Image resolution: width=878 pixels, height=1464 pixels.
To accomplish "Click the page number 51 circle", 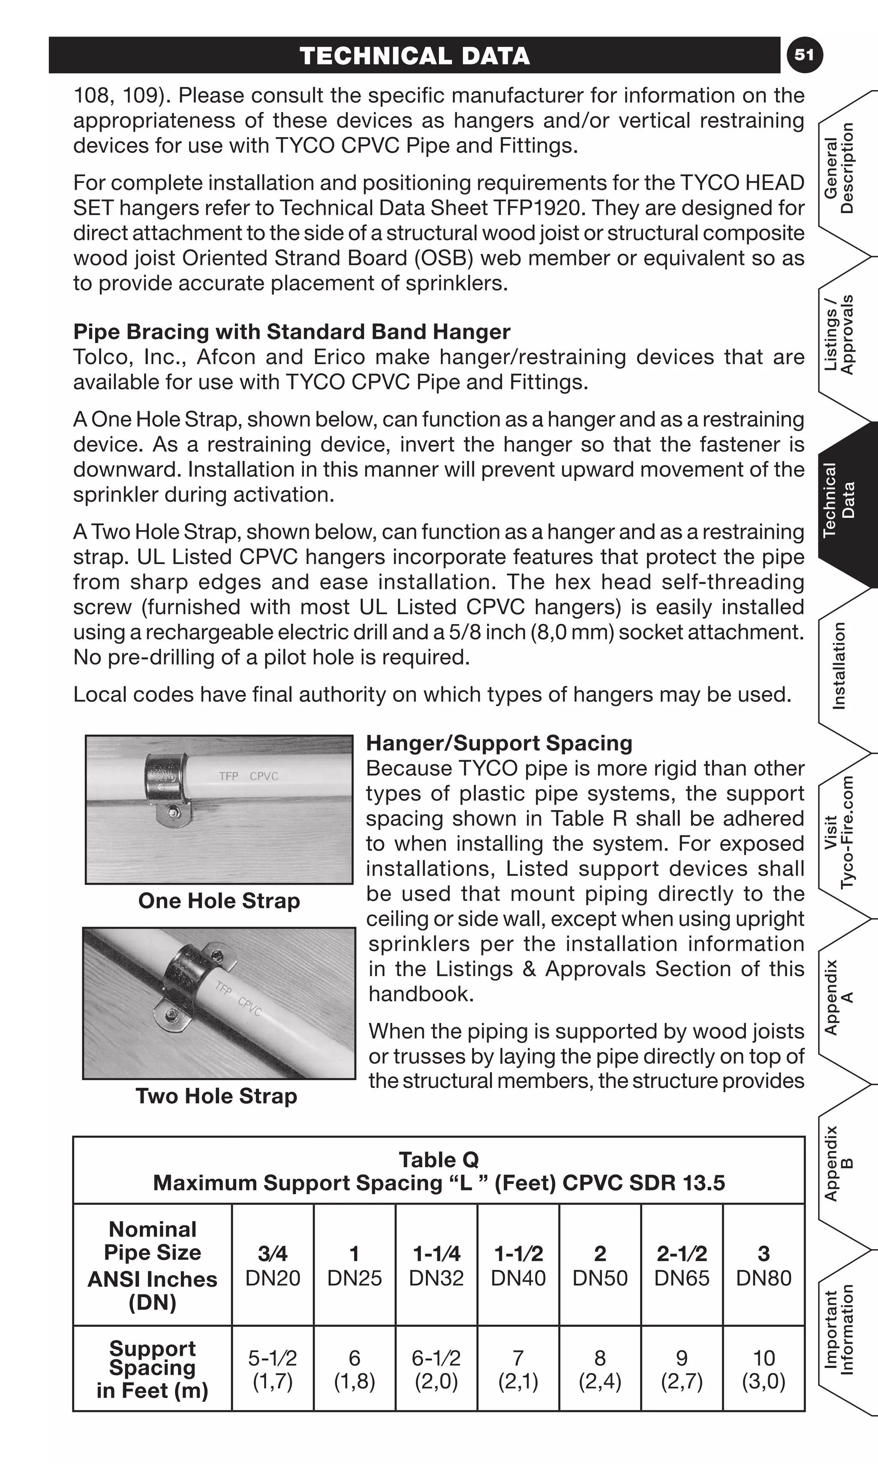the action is click(804, 55).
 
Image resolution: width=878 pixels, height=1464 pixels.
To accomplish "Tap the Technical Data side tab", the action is click(840, 500).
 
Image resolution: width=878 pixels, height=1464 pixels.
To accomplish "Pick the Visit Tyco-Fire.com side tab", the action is click(840, 832).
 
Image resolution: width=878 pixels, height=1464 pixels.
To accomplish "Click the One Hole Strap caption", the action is click(219, 900).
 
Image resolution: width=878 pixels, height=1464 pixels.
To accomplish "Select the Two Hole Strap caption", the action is click(216, 1096).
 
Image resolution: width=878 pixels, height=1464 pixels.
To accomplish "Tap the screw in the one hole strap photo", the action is click(173, 812).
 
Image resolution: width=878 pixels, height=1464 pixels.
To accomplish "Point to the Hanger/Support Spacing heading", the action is click(499, 743).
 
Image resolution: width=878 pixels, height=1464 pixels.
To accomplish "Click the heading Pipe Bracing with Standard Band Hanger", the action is click(292, 332).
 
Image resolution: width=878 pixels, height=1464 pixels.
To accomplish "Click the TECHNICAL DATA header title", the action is click(414, 56).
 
